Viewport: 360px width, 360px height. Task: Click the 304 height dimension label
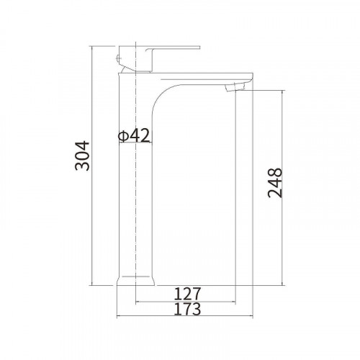click(82, 156)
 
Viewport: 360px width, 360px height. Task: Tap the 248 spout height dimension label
click(275, 183)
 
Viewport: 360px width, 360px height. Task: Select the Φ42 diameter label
click(134, 135)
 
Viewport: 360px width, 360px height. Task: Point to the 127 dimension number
click(187, 294)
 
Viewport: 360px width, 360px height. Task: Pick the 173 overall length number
click(187, 309)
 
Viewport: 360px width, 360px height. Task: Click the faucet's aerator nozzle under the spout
click(235, 86)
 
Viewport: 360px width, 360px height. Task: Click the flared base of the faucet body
click(136, 281)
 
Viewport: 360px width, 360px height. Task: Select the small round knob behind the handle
click(117, 58)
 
